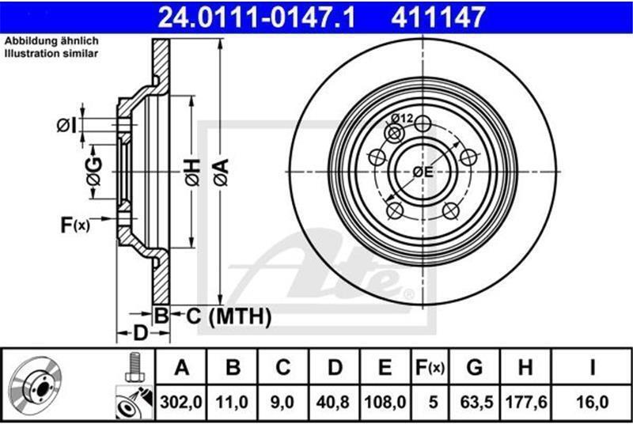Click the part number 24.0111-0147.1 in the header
(x=256, y=17)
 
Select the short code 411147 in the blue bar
(x=438, y=17)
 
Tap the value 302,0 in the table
(x=181, y=402)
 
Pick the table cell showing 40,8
(x=332, y=402)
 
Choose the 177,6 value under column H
(x=526, y=402)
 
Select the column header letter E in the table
(x=385, y=368)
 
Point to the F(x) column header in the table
(x=430, y=368)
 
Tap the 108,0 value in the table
(x=385, y=402)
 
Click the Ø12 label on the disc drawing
(x=402, y=118)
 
